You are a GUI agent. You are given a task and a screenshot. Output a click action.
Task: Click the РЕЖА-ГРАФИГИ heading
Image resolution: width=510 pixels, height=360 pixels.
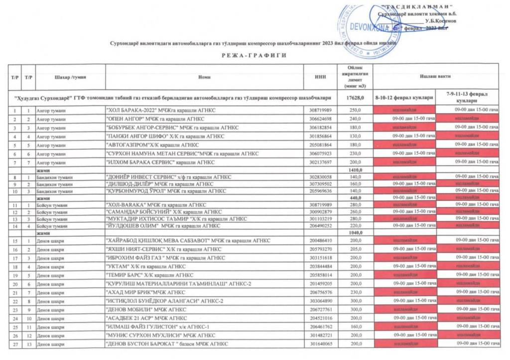pyautogui.click(x=255, y=55)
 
